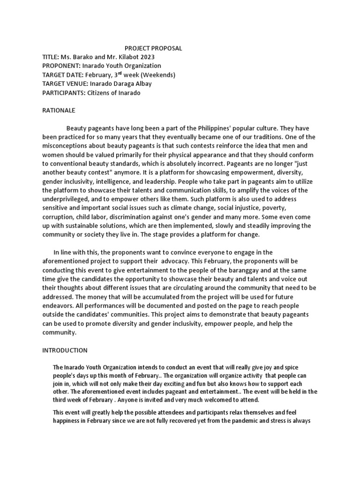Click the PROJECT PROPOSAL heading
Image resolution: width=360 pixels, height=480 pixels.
[x=153, y=48]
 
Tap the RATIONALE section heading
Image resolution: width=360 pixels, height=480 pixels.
[x=59, y=111]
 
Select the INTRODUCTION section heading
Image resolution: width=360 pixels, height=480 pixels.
[x=65, y=350]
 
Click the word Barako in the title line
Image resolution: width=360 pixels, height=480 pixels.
[x=83, y=57]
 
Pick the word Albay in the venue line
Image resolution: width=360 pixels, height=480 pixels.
[x=142, y=84]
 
